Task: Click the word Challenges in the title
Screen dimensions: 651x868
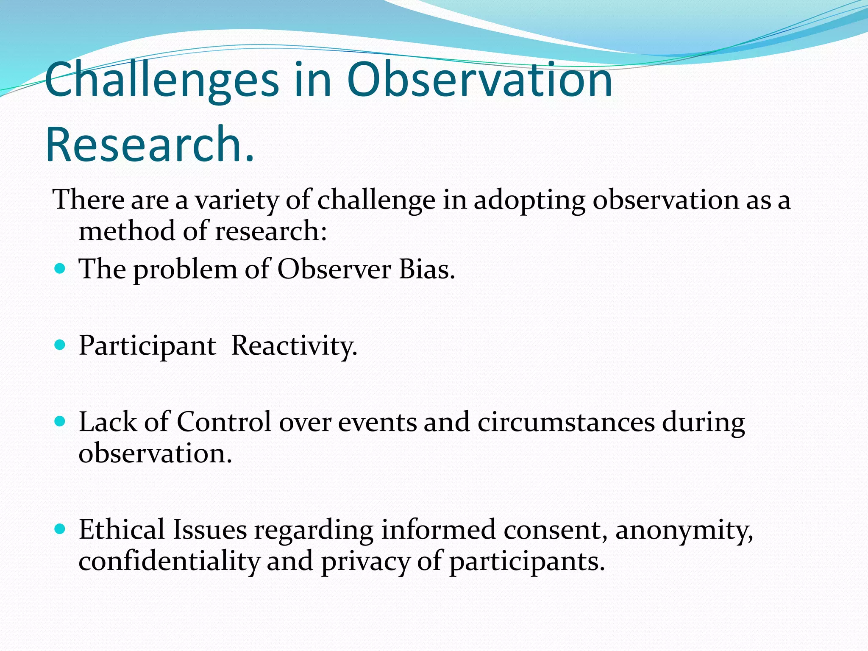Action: coord(161,81)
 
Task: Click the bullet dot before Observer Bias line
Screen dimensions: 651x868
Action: coord(60,268)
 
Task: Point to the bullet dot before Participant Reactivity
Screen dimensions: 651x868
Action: coord(60,345)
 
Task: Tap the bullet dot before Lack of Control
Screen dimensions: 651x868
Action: coord(60,421)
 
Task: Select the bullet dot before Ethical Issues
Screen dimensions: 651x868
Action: coord(60,529)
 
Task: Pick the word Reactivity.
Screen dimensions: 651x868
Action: coord(294,346)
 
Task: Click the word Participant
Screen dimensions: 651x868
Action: coord(147,346)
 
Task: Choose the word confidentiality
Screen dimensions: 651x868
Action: coord(169,561)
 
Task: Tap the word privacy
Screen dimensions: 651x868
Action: coord(365,562)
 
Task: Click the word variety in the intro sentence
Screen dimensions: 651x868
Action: coord(236,200)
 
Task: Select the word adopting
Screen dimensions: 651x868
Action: coord(529,200)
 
